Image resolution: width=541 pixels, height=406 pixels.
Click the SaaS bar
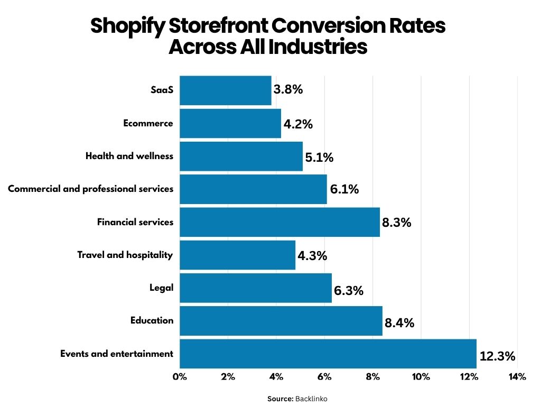click(226, 90)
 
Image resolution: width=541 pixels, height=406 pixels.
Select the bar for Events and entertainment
click(328, 354)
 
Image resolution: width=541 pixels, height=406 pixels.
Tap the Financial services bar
click(279, 222)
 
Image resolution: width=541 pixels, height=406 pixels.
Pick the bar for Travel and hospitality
click(237, 255)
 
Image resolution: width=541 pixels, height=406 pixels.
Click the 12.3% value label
click(497, 356)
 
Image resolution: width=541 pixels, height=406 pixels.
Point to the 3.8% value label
click(288, 89)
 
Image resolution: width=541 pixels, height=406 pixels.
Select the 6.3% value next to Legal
click(348, 290)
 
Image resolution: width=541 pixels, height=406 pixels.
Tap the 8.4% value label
click(399, 323)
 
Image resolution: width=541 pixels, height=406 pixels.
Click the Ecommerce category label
click(148, 123)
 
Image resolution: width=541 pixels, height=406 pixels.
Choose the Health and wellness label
click(129, 156)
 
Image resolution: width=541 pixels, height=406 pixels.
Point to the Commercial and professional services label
click(90, 189)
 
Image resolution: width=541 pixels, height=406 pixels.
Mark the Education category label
click(152, 320)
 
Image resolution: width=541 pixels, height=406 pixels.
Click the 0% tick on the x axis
click(180, 377)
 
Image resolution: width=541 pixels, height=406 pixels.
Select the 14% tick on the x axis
click(517, 377)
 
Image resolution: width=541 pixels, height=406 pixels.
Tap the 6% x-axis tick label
click(324, 377)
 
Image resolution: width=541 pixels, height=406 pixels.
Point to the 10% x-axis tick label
click(421, 377)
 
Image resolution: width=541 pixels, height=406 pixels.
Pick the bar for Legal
click(256, 288)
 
